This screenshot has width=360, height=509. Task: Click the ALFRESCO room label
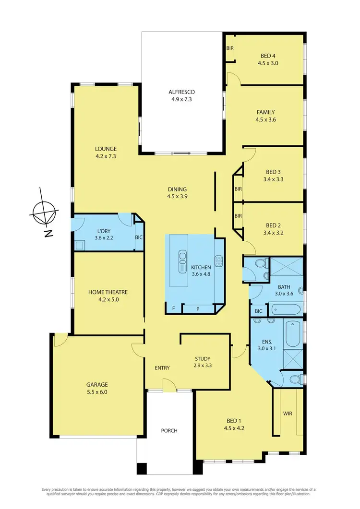(180, 92)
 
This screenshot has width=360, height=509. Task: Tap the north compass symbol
(44, 212)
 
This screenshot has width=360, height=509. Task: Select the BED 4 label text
(268, 55)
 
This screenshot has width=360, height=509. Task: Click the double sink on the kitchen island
(182, 261)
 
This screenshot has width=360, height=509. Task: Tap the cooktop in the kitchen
(219, 260)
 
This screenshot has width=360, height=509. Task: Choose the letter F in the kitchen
(174, 308)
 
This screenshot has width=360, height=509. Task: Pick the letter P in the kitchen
(197, 308)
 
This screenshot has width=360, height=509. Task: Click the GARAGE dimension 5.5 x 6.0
(97, 392)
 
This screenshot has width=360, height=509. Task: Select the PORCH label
(168, 430)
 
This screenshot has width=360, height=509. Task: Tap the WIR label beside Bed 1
(288, 413)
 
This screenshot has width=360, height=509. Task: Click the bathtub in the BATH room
(285, 309)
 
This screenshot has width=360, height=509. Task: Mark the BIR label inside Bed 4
(230, 48)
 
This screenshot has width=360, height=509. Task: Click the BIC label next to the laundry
(139, 237)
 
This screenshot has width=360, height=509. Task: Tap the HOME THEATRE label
(108, 292)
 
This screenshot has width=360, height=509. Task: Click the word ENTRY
(162, 368)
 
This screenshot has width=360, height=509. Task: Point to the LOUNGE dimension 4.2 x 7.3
(106, 156)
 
